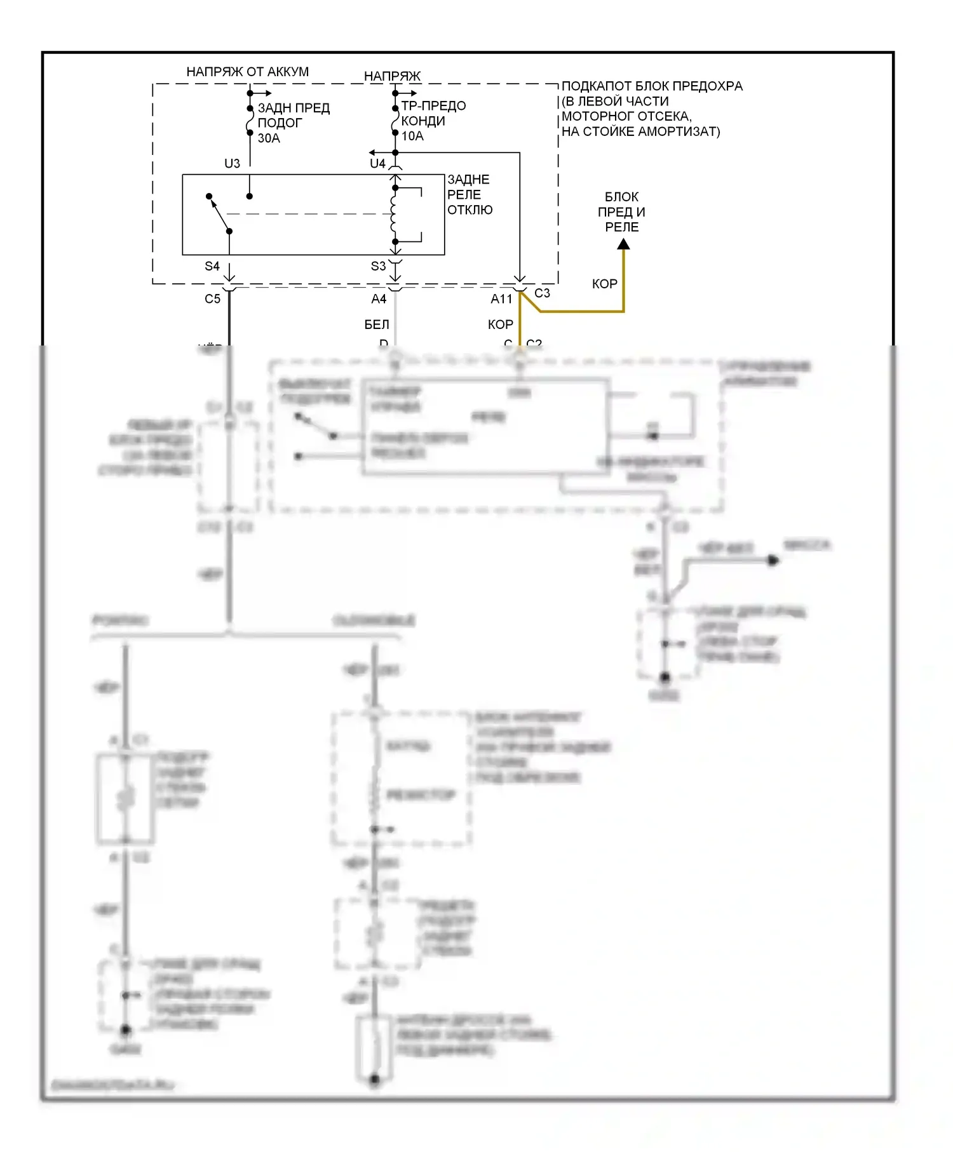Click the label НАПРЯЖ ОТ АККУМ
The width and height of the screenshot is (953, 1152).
pos(247,72)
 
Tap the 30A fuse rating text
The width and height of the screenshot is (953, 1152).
pos(269,138)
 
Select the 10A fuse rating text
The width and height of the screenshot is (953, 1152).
pos(412,136)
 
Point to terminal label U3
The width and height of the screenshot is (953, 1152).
pos(232,164)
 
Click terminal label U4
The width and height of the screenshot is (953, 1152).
pos(377,164)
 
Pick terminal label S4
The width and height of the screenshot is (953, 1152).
pos(212,266)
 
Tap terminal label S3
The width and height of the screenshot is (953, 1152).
pos(378,266)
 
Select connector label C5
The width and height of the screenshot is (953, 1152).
pos(212,298)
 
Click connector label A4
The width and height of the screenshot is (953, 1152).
pos(379,298)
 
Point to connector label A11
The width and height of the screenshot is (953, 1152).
pos(501,298)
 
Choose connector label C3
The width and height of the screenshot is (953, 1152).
pos(542,293)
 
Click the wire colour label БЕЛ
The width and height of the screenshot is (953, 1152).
pos(377,325)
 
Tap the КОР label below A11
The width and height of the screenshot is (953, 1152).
pos(500,325)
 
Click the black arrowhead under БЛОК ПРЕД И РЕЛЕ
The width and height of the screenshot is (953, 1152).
pos(624,244)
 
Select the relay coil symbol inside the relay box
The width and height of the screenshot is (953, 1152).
pos(394,214)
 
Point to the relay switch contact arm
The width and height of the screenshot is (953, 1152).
pos(219,213)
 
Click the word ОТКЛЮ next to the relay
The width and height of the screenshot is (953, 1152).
pos(470,210)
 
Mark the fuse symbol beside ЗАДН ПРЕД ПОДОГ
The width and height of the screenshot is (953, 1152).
pos(250,121)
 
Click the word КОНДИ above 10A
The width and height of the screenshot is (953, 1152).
pos(423,121)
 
